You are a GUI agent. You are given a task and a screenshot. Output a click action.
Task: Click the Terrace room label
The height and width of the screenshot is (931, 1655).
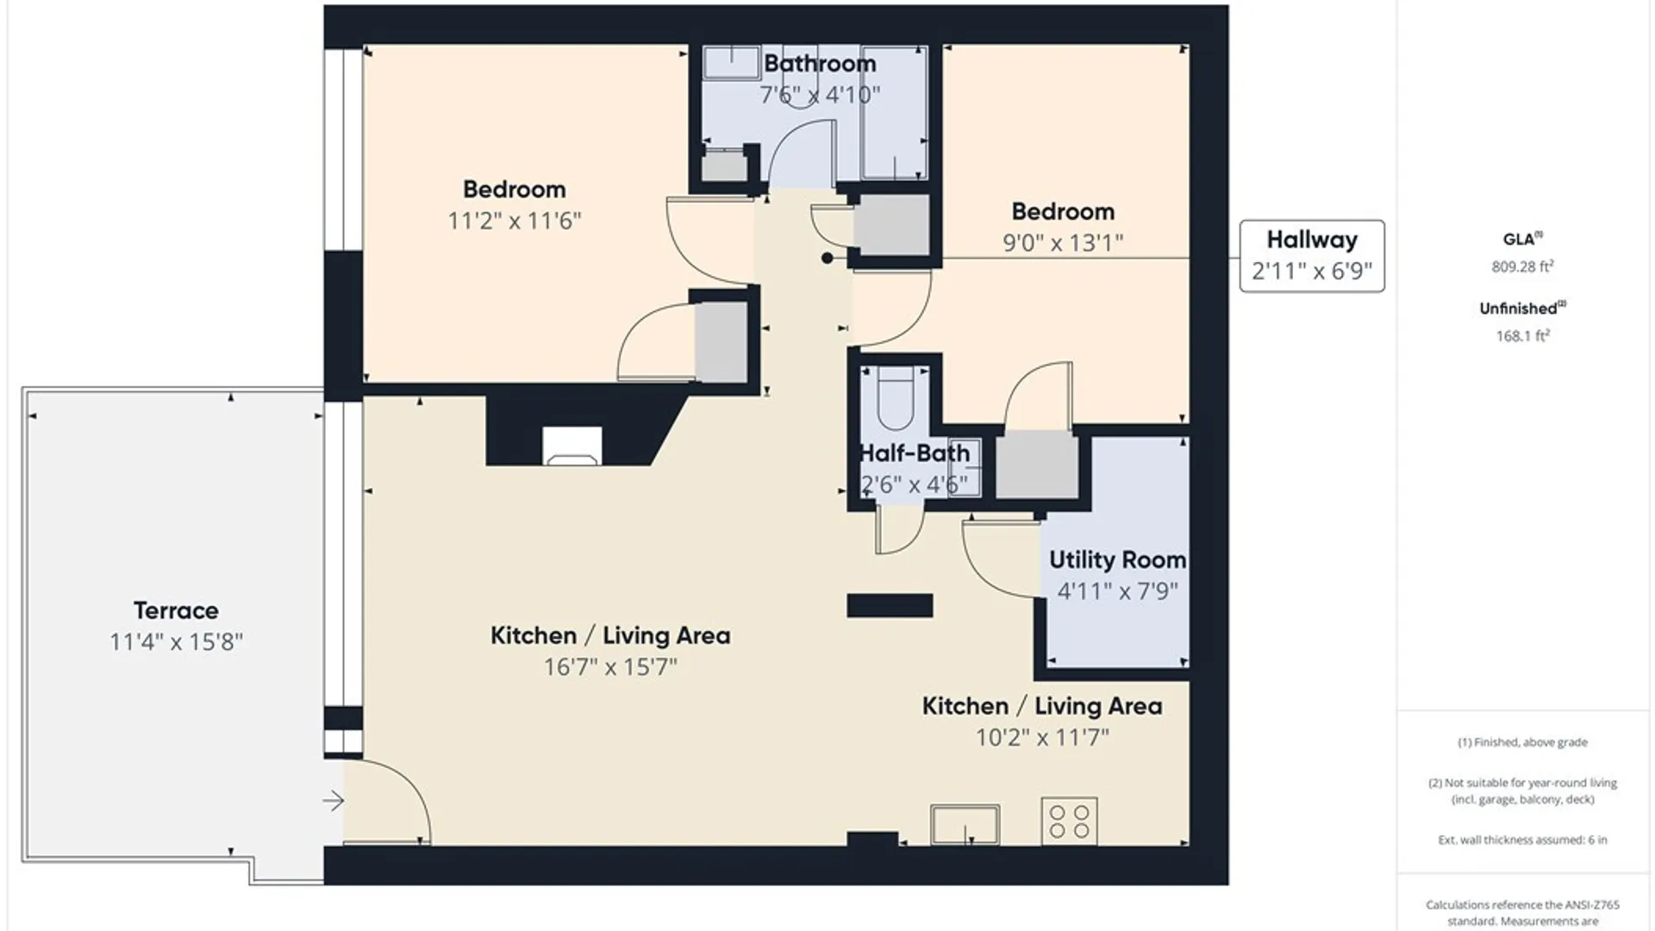point(176,610)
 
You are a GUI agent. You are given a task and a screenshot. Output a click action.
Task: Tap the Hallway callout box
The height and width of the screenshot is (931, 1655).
point(1311,255)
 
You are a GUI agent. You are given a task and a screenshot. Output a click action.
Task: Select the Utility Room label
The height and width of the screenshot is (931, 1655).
point(1117,559)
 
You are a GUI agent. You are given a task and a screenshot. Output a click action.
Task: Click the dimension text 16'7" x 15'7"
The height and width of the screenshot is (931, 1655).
point(610,666)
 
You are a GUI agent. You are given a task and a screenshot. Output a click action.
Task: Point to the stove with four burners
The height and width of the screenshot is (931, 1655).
point(1069,821)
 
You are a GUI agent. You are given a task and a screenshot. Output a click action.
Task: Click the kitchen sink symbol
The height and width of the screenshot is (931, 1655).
point(965,824)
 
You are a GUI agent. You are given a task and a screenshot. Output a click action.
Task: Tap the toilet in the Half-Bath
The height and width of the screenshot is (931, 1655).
point(896,398)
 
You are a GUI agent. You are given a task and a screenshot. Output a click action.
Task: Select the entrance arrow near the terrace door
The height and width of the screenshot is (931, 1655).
point(334,801)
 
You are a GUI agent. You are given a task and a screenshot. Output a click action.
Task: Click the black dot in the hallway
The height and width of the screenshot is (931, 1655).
point(827,258)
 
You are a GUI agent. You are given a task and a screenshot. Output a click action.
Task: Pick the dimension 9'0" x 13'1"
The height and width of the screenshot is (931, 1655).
point(1063,242)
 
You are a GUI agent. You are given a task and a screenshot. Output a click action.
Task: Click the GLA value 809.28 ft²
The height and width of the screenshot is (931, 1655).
point(1522,266)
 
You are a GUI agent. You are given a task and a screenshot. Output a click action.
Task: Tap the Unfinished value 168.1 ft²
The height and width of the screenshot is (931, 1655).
point(1522,335)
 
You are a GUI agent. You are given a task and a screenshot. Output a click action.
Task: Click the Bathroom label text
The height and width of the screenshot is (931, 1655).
point(820,63)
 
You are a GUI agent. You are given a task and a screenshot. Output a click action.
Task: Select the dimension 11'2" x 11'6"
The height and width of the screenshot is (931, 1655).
point(514,220)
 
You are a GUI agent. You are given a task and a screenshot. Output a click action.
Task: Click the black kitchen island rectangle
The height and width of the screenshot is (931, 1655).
point(890,605)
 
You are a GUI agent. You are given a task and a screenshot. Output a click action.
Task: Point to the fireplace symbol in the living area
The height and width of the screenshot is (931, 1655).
point(571,447)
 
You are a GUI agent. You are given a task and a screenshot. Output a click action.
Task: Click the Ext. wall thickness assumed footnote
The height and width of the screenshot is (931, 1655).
point(1522,839)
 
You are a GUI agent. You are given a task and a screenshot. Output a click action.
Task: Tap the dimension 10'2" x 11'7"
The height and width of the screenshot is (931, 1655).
point(1042,737)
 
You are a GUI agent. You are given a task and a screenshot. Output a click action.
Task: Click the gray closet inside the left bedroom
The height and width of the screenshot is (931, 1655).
point(721,341)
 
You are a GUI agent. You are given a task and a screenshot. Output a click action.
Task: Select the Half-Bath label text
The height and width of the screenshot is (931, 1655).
point(915,453)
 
